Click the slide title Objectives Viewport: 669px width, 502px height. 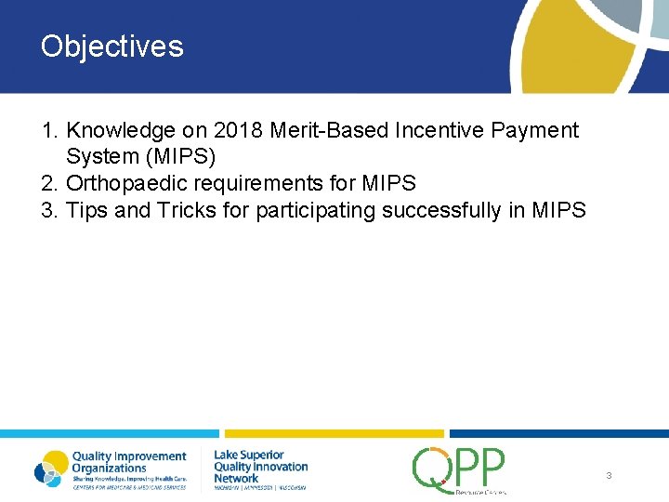pos(112,46)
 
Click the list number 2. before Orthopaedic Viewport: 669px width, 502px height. pos(51,184)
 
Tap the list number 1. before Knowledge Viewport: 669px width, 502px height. pos(51,131)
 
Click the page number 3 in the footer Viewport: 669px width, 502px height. pos(609,475)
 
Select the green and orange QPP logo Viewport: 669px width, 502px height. pos(459,469)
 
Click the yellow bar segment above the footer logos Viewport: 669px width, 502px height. pos(334,433)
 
